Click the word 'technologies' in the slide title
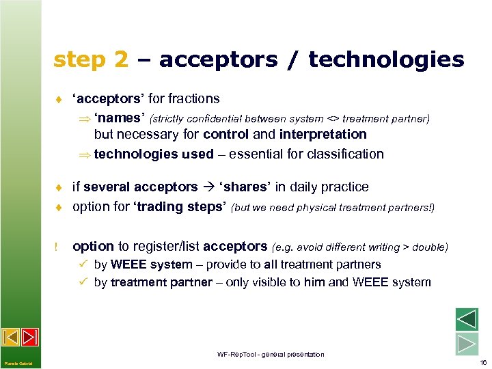tap(386, 60)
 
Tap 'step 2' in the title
tap(90, 60)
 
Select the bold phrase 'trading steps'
tap(182, 206)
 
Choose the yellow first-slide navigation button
tap(11, 337)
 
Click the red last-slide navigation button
tap(30, 337)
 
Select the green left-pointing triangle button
tap(467, 320)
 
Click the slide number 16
tap(483, 362)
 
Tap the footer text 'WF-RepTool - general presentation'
tap(271, 355)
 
